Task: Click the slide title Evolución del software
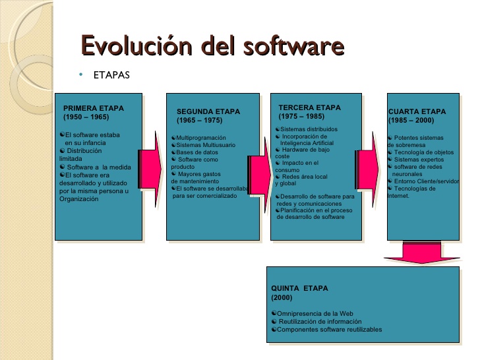point(212,47)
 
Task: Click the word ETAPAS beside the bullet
point(111,74)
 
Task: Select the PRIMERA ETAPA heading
point(93,107)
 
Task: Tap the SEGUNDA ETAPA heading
point(208,111)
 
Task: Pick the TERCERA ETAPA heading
point(309,107)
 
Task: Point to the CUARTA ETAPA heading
point(417,111)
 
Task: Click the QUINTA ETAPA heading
point(299,288)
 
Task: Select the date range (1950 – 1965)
point(86,117)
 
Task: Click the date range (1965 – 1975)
point(200,121)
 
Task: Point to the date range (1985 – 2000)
point(411,121)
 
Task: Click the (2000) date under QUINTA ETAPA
point(282,297)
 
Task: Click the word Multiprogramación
point(201,137)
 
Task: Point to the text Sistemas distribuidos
point(309,129)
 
